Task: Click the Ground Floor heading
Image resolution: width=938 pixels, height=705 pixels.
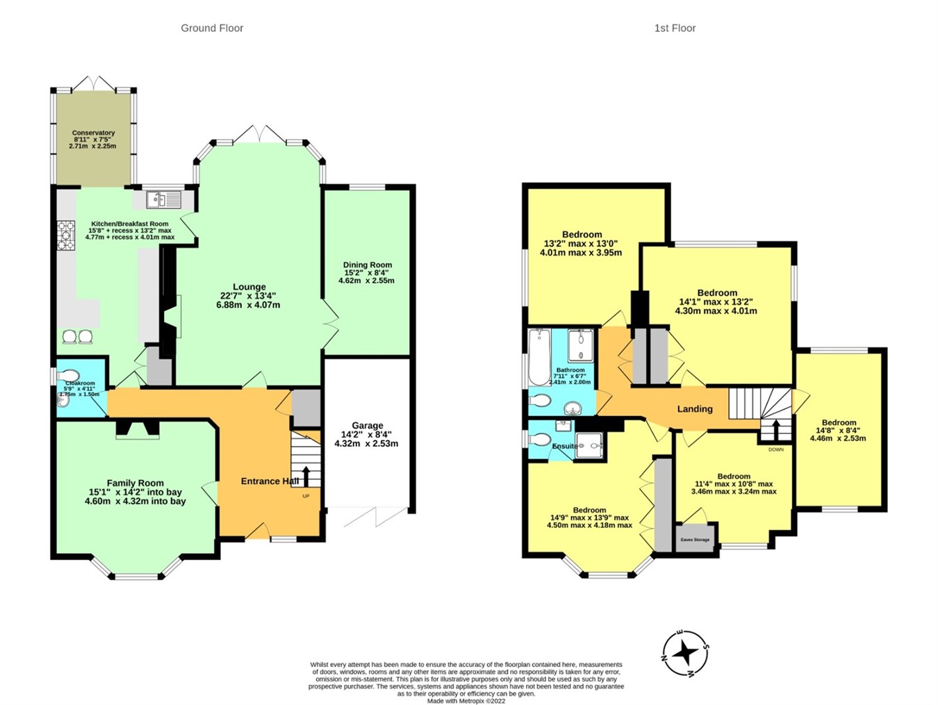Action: coord(212,28)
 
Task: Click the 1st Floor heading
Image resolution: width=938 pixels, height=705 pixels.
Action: coord(675,28)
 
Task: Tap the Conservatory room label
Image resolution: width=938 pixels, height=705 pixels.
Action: coord(93,133)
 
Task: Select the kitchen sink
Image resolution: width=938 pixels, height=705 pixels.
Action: coord(164,200)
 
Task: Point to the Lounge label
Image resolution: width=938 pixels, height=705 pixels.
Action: coord(249,287)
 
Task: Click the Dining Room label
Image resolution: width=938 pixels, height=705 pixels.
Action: coord(367,265)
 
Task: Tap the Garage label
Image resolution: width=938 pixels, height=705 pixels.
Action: coord(367,426)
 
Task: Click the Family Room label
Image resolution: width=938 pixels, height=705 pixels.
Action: coord(135,483)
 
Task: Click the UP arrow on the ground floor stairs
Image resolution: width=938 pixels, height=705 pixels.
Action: coord(306,476)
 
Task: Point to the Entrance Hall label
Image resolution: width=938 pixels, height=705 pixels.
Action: coord(270,481)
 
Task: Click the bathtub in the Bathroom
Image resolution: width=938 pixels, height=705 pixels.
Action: coord(538,357)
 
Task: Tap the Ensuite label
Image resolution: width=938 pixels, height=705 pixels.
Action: coord(564,446)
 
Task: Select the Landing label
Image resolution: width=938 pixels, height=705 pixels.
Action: coord(695,409)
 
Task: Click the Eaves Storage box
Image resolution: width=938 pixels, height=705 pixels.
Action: coord(696,540)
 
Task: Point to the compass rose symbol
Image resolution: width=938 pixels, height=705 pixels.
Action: coord(685,653)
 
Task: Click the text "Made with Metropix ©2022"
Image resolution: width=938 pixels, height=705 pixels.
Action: coord(466,701)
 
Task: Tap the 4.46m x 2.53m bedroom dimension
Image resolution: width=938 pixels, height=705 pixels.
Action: coord(839,438)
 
